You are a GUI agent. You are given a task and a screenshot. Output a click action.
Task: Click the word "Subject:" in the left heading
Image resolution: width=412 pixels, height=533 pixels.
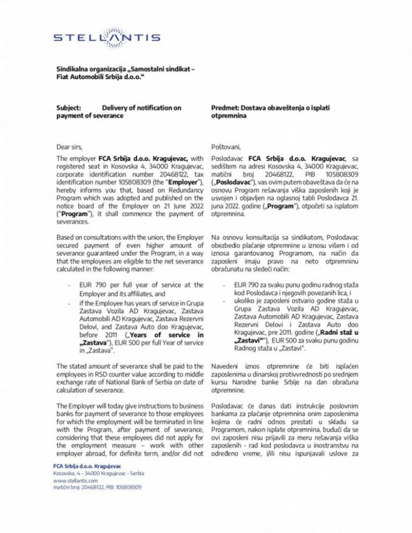coord(69,108)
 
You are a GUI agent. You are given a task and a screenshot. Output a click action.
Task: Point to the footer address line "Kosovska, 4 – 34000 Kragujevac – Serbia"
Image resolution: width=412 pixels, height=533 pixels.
coord(99,474)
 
